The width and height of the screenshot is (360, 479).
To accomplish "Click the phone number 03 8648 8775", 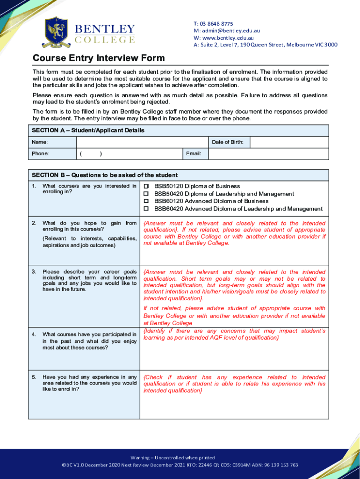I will coord(216,24).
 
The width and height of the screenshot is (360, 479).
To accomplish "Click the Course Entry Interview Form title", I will coord(99,58).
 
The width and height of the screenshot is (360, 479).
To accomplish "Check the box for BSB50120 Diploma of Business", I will coord(146,186).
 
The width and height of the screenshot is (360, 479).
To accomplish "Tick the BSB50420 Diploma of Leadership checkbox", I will coord(146,194).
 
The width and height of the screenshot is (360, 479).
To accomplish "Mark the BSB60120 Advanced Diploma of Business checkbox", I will coord(146,201).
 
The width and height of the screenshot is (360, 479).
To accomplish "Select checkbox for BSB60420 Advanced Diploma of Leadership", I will coord(146,209).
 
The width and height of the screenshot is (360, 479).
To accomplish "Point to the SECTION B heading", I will coord(105,175).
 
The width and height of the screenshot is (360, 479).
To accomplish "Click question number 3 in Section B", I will coord(34,272).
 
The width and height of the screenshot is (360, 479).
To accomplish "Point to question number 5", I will coord(34,377).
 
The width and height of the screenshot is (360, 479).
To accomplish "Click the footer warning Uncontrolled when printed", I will coord(180,457).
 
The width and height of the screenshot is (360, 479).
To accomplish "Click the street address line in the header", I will coord(265,45).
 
